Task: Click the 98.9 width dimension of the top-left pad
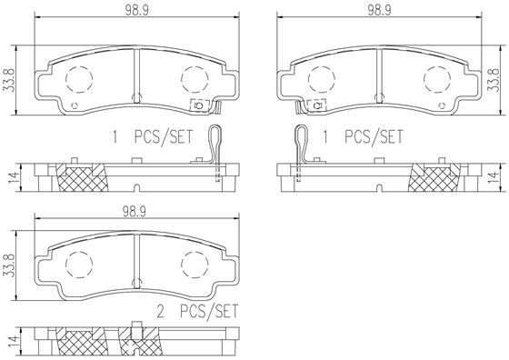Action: pos(136,10)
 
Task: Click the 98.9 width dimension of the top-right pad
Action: pos(379,10)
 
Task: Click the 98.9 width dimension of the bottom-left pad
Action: pos(135,212)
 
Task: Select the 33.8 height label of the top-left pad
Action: pos(10,79)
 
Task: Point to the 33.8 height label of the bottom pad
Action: pos(10,265)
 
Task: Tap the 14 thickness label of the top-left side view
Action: pos(13,177)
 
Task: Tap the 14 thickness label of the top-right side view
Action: pos(494,177)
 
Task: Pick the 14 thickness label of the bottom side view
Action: pos(13,342)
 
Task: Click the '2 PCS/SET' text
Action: pos(197,311)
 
